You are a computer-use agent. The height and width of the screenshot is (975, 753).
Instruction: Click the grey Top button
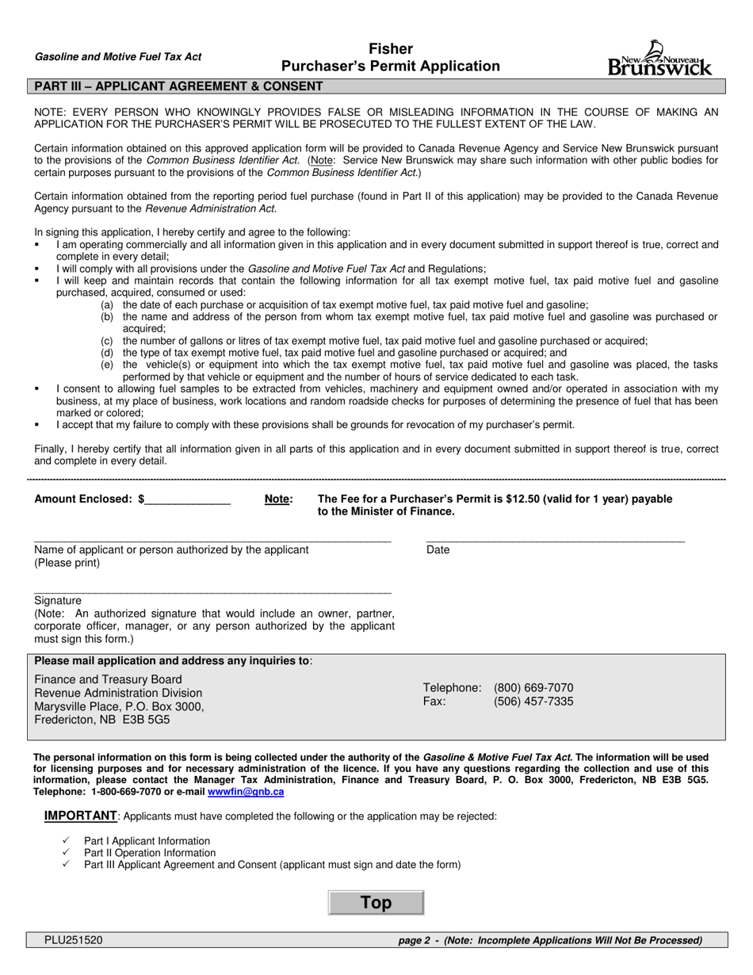[x=376, y=903]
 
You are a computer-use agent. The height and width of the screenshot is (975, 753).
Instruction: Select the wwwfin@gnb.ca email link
[x=246, y=791]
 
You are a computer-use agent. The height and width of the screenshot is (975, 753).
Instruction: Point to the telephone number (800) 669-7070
[x=533, y=687]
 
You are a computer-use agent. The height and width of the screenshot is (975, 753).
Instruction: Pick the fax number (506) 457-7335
[x=533, y=702]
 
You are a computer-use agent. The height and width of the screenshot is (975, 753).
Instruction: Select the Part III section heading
[x=176, y=86]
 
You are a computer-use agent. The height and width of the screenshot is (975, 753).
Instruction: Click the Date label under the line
[x=438, y=549]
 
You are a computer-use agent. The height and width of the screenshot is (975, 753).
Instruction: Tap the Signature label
[x=57, y=600]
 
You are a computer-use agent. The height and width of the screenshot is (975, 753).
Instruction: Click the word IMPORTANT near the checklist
[x=80, y=816]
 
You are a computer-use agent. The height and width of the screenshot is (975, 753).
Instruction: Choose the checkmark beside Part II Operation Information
[x=67, y=853]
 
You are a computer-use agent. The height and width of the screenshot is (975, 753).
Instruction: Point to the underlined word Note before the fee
[x=277, y=499]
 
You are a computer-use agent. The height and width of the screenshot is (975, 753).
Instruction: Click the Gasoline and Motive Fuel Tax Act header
[x=118, y=56]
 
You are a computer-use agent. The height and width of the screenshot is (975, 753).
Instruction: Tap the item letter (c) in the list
[x=106, y=341]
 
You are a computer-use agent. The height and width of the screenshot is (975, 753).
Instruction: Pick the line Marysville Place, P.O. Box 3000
[x=119, y=706]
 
